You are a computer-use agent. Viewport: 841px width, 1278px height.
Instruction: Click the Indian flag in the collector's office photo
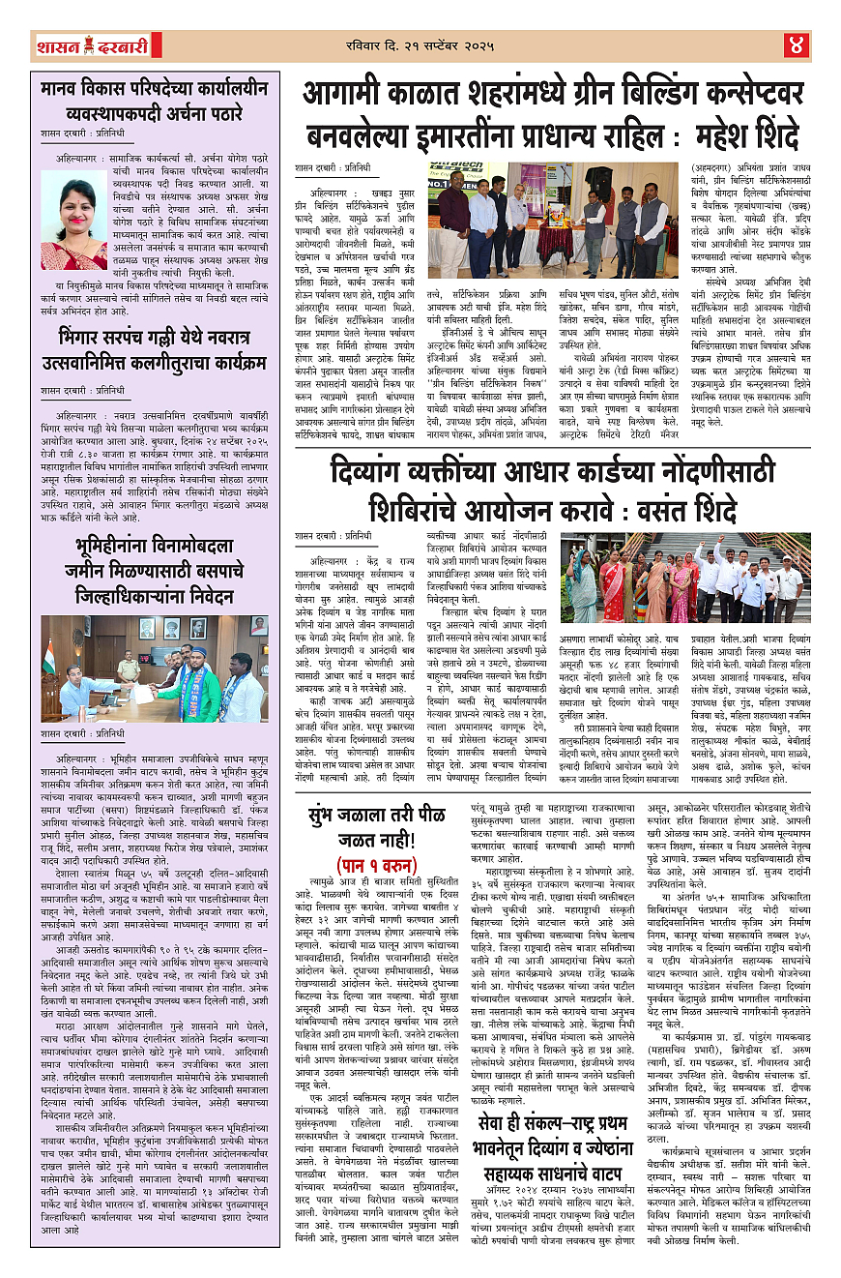48,656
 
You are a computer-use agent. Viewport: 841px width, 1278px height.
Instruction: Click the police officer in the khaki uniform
128,666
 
